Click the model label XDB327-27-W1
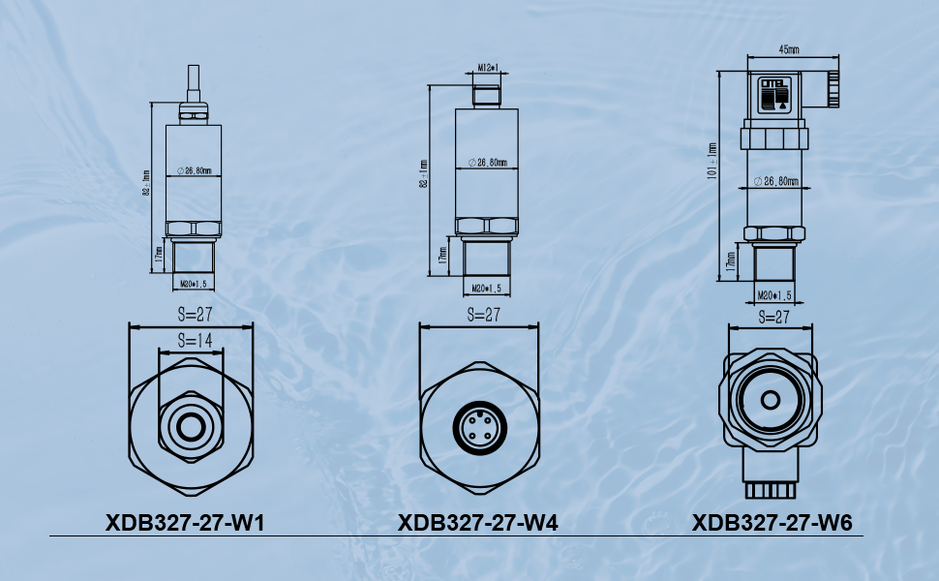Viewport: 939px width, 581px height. [x=185, y=523]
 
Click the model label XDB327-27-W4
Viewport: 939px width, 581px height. [x=477, y=523]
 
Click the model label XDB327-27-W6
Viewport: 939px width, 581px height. [x=772, y=523]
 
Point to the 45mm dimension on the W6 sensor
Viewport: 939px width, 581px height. [x=788, y=48]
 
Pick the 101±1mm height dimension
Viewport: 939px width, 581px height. [x=712, y=161]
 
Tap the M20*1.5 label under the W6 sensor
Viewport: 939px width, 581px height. [x=776, y=294]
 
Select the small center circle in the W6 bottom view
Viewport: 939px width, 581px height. [x=771, y=400]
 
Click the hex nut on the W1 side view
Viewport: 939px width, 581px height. [x=194, y=229]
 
